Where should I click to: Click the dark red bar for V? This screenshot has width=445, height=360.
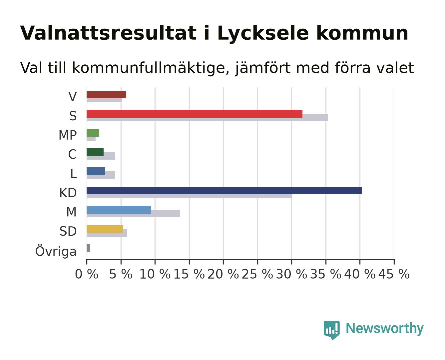coord(106,94)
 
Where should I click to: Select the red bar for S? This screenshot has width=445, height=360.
coord(195,114)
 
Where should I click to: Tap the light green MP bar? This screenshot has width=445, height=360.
coord(93,133)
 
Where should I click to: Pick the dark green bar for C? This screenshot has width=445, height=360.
coord(95,152)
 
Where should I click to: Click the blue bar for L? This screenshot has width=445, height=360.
coord(96,171)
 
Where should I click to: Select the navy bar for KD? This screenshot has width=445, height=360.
coord(224,190)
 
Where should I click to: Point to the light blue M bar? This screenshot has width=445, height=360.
coord(119,210)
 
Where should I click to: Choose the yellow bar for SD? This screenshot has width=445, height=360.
coord(105,229)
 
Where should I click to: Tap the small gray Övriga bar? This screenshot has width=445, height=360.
coord(88,248)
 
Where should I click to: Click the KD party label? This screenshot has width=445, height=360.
coord(68,193)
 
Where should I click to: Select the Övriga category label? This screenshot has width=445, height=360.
coord(56,251)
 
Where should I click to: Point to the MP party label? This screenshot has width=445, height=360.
coord(68,135)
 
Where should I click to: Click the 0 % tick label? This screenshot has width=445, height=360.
coord(87,274)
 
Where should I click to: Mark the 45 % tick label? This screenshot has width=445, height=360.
coord(394,274)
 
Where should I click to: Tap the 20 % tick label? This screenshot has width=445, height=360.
coord(223,274)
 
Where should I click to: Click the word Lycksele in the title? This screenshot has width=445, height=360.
coord(263,33)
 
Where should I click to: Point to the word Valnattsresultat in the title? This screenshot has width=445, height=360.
coord(108,33)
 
